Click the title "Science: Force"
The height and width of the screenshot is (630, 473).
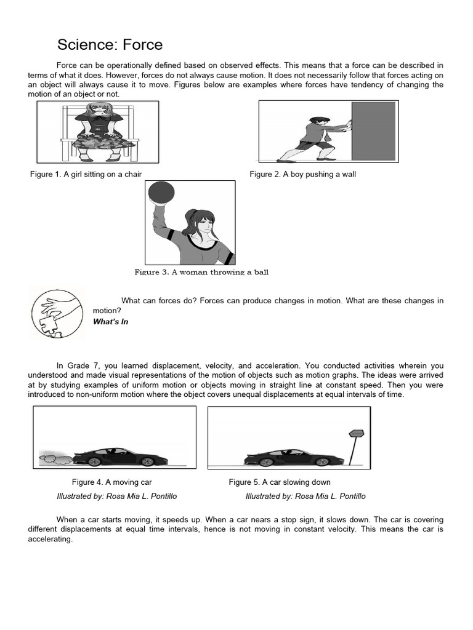coord(110,45)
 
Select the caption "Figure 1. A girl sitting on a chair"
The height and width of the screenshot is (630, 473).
coord(86,174)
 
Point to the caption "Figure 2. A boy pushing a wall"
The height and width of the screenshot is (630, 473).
coord(302,174)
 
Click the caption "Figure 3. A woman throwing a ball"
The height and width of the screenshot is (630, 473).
coord(201,272)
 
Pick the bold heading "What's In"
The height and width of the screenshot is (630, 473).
coord(110,322)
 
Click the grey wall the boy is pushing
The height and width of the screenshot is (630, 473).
coord(373,130)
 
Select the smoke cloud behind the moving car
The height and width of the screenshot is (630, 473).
coord(52,457)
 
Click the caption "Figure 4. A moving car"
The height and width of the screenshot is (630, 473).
coord(111,482)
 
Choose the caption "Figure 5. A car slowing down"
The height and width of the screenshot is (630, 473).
coord(280,482)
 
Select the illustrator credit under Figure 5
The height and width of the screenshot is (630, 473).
coord(305,496)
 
